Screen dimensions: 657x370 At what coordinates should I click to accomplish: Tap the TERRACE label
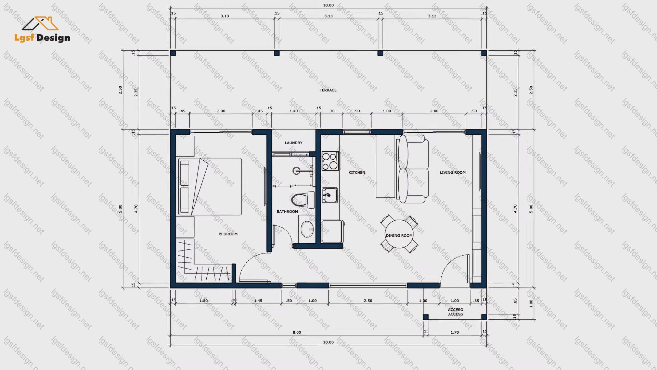328,90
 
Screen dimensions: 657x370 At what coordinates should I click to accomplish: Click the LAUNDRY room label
294,143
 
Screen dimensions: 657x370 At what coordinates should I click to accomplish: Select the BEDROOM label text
228,234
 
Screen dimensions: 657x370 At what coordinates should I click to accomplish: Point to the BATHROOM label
287,211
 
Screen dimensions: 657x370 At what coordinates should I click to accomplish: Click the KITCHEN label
357,172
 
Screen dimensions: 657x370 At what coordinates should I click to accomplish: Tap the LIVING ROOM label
453,172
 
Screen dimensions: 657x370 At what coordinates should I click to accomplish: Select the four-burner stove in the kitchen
330,161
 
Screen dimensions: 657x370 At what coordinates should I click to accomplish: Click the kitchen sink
330,195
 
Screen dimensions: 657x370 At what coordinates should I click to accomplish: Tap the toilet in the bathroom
303,200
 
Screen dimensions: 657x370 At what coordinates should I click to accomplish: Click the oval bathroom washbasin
307,229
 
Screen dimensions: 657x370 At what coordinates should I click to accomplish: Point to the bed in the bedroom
209,186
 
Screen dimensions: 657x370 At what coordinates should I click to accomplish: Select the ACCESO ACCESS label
455,312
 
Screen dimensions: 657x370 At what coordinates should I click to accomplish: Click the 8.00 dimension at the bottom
297,332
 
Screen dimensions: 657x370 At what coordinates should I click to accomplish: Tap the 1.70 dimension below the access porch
454,332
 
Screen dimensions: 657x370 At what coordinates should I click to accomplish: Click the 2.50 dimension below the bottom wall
368,301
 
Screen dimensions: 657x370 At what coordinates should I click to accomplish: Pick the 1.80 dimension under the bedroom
203,301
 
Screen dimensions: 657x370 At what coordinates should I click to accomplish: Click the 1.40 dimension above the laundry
294,111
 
